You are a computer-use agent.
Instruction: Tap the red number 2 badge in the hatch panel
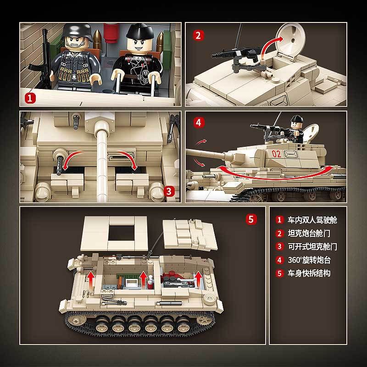click(198, 35)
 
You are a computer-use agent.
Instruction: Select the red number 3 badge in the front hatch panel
click(169, 190)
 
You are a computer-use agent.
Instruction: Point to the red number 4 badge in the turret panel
click(198, 122)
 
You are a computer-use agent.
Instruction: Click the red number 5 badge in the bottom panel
click(250, 219)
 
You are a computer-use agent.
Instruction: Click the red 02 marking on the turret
click(276, 154)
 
